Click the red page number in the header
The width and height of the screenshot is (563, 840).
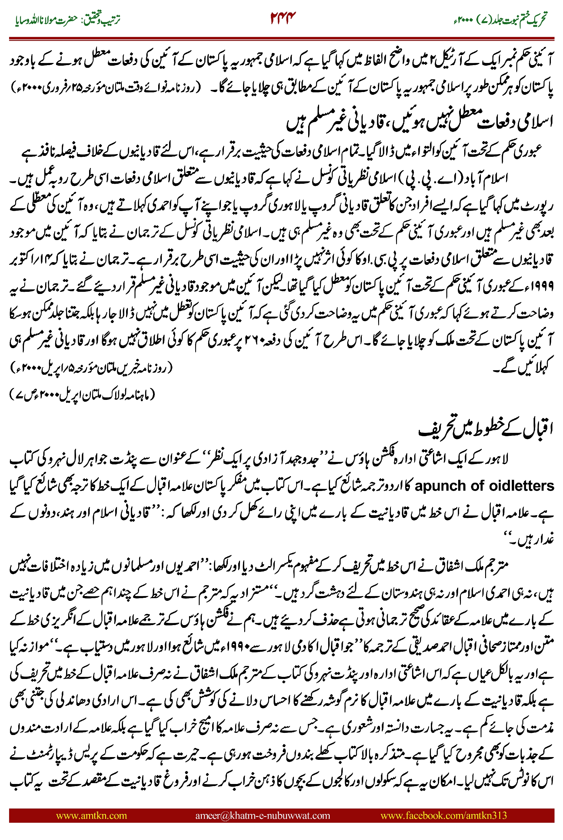(x=283, y=18)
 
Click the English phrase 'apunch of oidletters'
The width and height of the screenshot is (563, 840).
(x=484, y=486)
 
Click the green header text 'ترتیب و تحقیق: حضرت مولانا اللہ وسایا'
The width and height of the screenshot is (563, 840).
(x=68, y=19)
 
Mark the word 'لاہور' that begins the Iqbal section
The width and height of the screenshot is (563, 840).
(x=497, y=460)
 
